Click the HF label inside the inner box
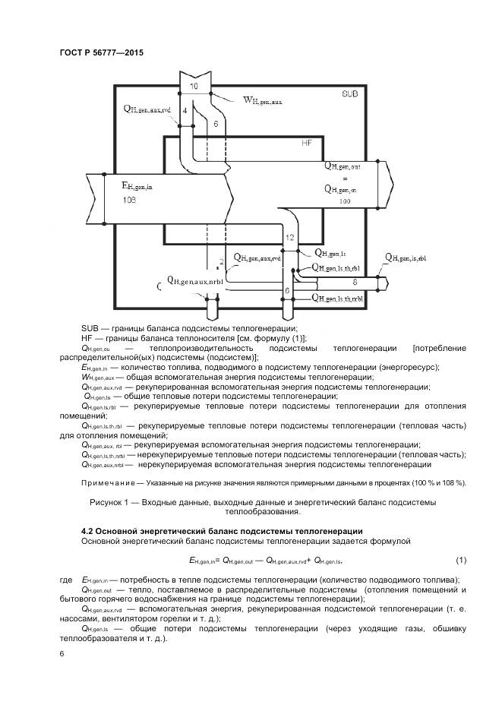[x=307, y=142]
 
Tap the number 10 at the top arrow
[x=194, y=87]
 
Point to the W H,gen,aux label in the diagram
[x=261, y=100]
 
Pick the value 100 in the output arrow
[x=346, y=201]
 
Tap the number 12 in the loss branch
[x=289, y=239]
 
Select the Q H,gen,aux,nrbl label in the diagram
[x=198, y=281]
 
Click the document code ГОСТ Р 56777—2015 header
[x=101, y=53]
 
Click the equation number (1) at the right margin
[x=460, y=561]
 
